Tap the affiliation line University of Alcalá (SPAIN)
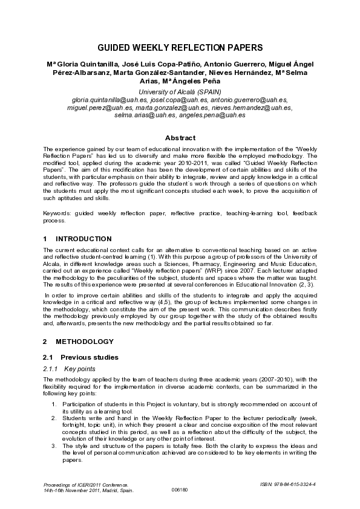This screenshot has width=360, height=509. tap(180, 91)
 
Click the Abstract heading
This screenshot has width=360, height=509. tap(180, 138)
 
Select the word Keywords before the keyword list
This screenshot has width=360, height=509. tap(56, 213)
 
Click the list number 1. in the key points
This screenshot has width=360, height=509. tap(54, 403)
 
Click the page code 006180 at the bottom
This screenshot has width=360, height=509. tap(180, 490)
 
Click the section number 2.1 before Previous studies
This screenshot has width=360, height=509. tap(49, 357)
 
